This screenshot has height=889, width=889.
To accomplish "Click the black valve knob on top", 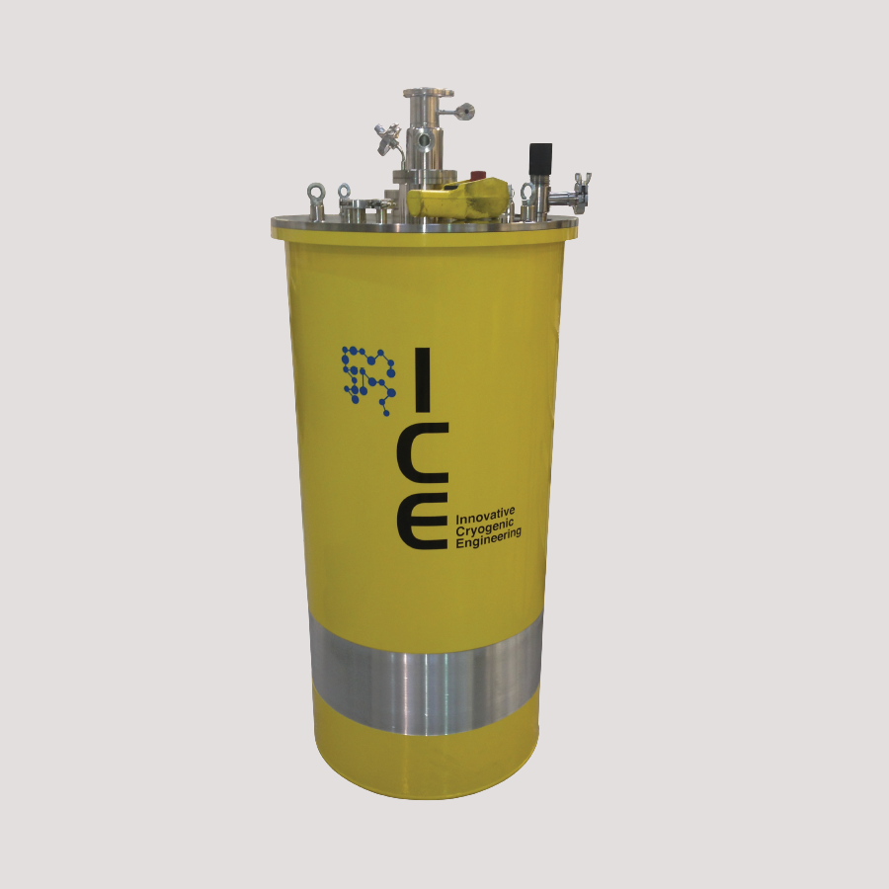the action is (540, 158).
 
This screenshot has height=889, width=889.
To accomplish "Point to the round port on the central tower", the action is (425, 139).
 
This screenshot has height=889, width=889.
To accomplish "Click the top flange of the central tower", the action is (428, 93).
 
